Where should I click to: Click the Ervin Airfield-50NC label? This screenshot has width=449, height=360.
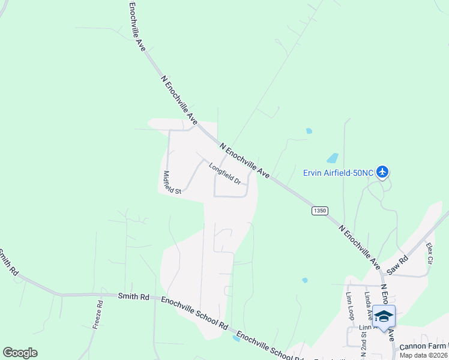tap(339, 173)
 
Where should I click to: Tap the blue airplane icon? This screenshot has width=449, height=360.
tap(382, 172)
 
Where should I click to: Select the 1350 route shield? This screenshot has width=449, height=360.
tap(320, 211)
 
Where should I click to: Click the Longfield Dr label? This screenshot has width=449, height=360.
tap(224, 173)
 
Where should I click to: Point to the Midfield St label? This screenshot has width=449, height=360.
tap(172, 182)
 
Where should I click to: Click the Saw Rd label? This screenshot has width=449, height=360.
tap(397, 265)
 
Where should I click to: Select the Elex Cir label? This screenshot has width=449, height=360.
tap(429, 253)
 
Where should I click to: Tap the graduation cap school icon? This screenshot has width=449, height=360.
tap(384, 316)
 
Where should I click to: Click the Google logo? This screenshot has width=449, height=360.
tap(20, 353)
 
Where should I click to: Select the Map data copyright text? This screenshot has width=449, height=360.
tap(423, 355)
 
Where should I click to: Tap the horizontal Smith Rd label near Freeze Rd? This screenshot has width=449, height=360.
tap(133, 296)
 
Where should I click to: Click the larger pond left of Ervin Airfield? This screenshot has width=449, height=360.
tap(332, 158)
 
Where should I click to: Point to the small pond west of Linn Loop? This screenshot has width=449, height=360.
tap(305, 280)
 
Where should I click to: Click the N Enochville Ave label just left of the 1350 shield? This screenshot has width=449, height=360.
tap(244, 160)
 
